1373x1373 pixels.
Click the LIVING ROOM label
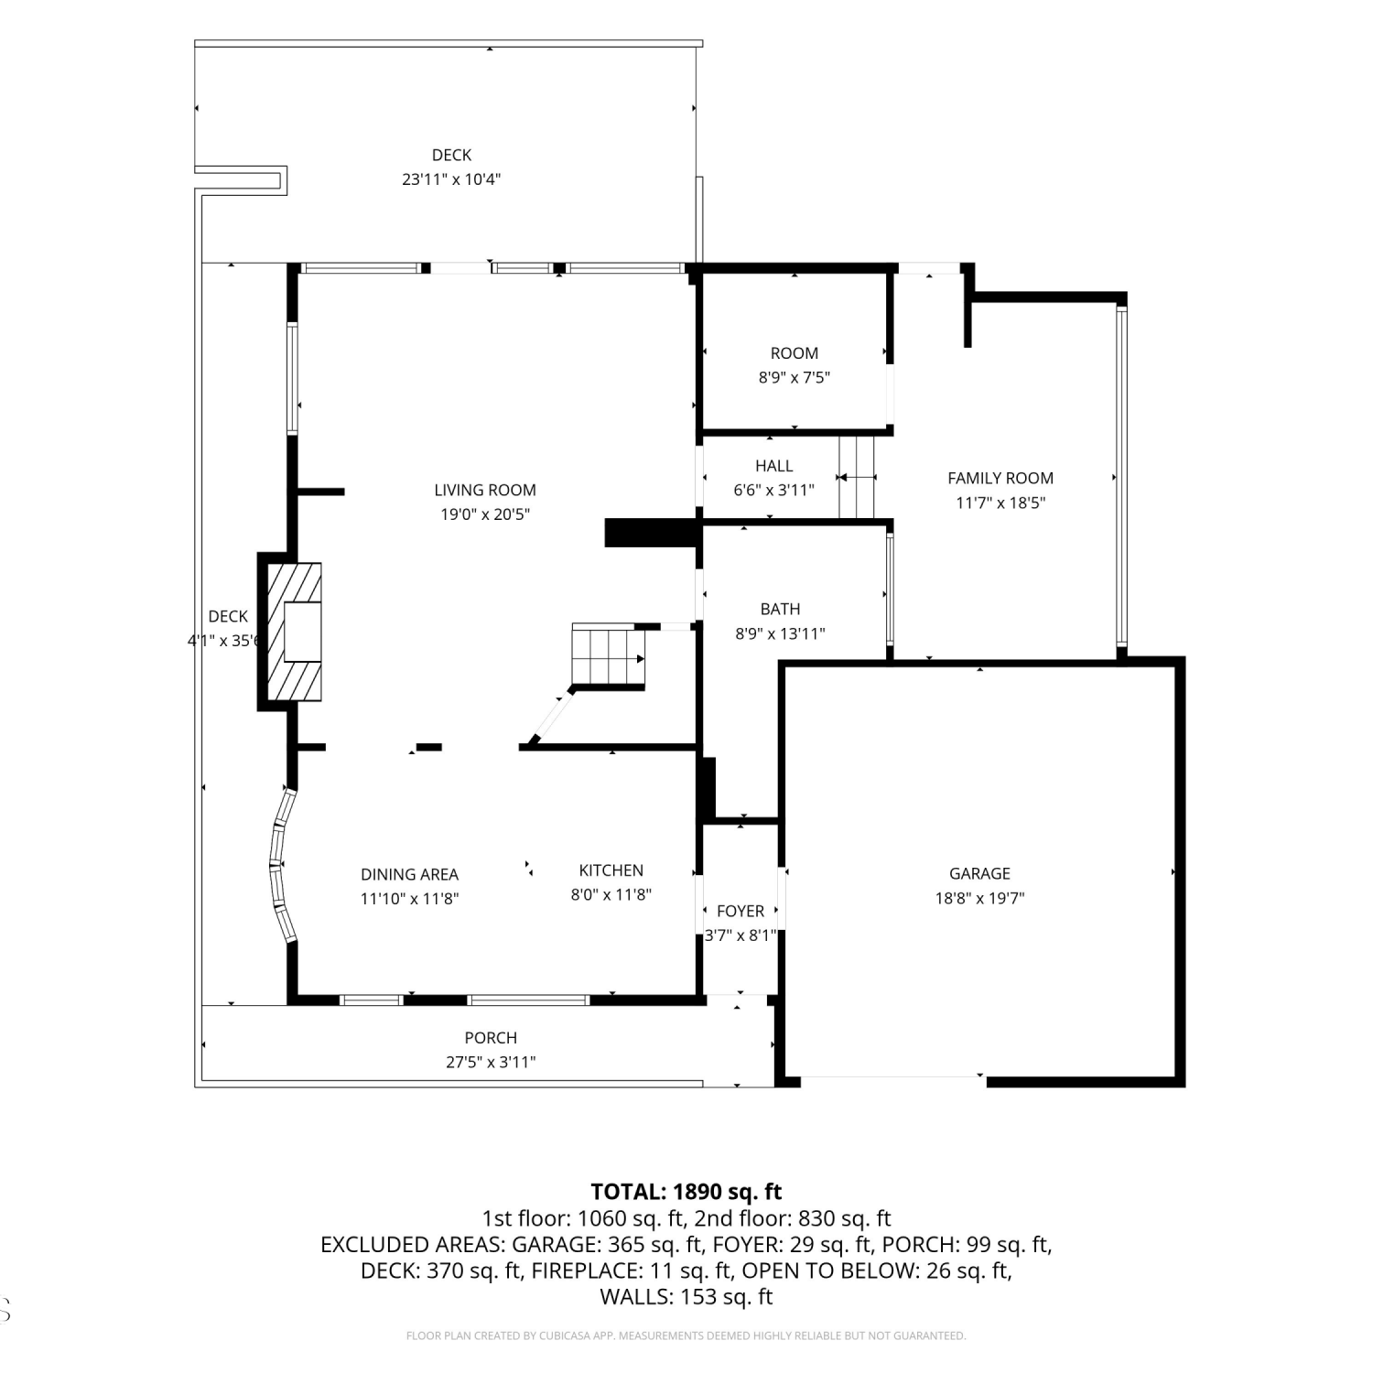pyautogui.click(x=485, y=491)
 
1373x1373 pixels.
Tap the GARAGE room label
pyautogui.click(x=979, y=874)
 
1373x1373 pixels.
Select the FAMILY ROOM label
pyautogui.click(x=1000, y=478)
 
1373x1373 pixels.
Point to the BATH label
pyautogui.click(x=780, y=609)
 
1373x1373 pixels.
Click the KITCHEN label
pyautogui.click(x=611, y=870)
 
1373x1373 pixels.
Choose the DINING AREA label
pyautogui.click(x=409, y=875)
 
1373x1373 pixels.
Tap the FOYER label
pyautogui.click(x=741, y=912)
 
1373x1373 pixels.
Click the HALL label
pyautogui.click(x=774, y=466)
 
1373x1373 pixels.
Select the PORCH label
pyautogui.click(x=491, y=1038)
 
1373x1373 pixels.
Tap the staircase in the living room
pyautogui.click(x=609, y=656)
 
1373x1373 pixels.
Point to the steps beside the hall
pyautogui.click(x=858, y=477)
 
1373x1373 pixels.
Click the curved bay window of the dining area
pyautogui.click(x=280, y=865)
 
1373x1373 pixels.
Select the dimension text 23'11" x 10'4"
pyautogui.click(x=451, y=179)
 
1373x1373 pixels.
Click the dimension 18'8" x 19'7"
pyautogui.click(x=979, y=899)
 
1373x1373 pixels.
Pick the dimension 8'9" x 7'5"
pyautogui.click(x=795, y=377)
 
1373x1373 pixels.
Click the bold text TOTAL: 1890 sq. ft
pyautogui.click(x=686, y=1192)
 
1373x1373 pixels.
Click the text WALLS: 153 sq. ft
pyautogui.click(x=686, y=1297)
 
